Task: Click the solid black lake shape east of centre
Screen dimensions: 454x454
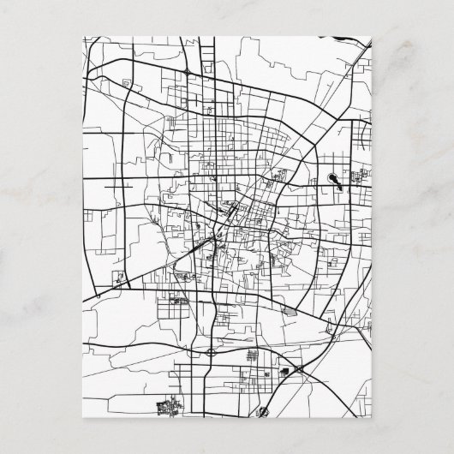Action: (x=332, y=180)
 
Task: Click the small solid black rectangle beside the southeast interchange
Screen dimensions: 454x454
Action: (x=283, y=372)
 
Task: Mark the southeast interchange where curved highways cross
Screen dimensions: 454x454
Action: (x=298, y=368)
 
